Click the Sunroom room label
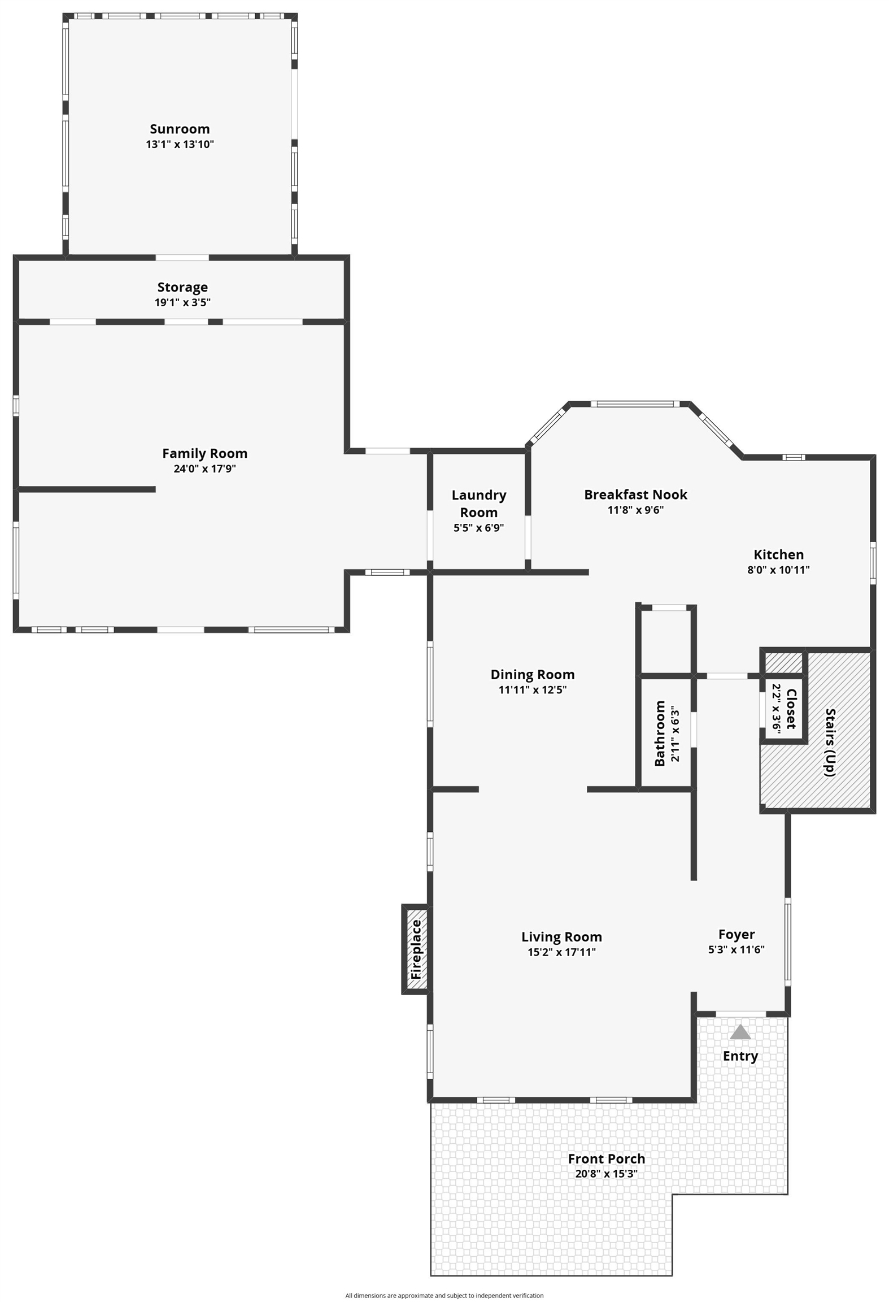(x=180, y=129)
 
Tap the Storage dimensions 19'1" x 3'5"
(x=182, y=302)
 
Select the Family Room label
(x=204, y=453)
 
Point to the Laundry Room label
(x=479, y=504)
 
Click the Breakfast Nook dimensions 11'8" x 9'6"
(x=635, y=510)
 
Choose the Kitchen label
(x=778, y=554)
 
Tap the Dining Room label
(x=533, y=674)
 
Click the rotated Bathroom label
(x=659, y=734)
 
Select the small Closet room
(x=784, y=709)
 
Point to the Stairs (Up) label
(x=830, y=742)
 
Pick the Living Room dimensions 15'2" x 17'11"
(x=561, y=952)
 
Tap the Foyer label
(x=737, y=934)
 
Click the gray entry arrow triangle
(x=740, y=1032)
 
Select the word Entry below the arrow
(x=740, y=1056)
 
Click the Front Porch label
(x=607, y=1158)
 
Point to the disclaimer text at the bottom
(x=444, y=1291)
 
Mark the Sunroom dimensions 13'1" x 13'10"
(x=180, y=144)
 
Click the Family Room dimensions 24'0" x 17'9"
(x=204, y=468)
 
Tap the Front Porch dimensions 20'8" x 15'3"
(x=607, y=1174)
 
